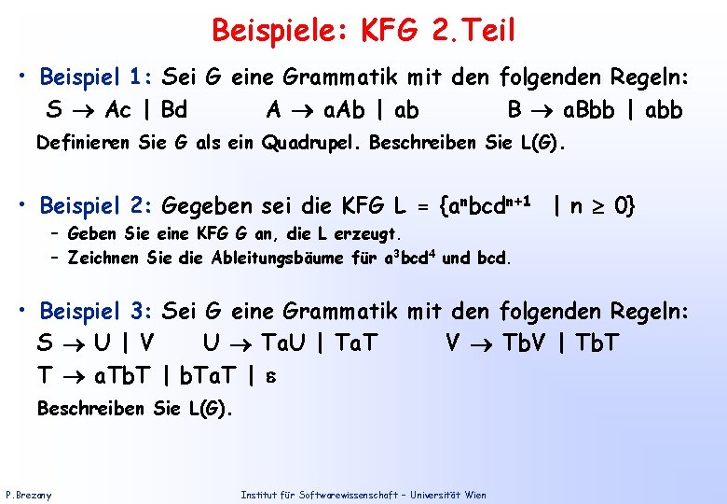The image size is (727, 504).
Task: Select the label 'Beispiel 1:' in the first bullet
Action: tap(97, 77)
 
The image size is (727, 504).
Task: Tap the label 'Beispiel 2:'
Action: tap(97, 203)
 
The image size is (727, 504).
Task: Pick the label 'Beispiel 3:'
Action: tap(97, 311)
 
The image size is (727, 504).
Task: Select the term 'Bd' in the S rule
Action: tap(174, 110)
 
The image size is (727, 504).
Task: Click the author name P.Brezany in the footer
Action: tap(29, 494)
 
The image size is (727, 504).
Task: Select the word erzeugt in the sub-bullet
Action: tap(366, 232)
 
